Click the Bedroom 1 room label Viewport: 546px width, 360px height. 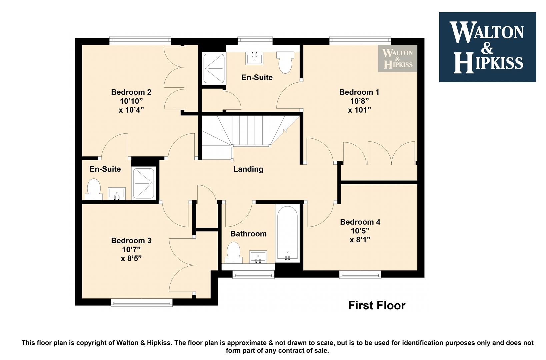359,92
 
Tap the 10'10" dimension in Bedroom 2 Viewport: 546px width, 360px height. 131,101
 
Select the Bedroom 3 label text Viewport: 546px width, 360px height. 131,241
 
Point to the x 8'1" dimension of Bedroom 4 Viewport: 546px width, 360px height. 360,240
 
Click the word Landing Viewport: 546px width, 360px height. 248,169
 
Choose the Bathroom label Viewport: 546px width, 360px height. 248,234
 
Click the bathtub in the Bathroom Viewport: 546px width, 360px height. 288,234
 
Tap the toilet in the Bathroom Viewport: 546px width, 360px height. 234,253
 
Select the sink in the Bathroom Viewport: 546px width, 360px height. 258,257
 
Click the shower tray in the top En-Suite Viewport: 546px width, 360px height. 214,69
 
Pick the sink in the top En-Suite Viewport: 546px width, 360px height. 254,58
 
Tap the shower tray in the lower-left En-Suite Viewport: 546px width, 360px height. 144,183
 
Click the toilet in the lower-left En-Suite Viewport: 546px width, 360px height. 94,189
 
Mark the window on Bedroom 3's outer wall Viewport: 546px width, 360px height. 142,303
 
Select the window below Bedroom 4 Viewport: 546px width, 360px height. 360,275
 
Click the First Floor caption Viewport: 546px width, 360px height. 377,305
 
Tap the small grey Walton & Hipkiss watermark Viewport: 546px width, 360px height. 398,58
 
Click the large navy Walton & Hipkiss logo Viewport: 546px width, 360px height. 487,47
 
